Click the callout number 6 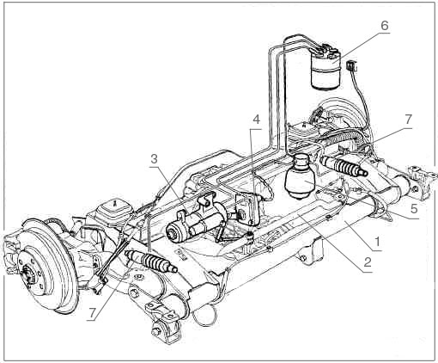coord(385,26)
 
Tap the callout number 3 coord(154,160)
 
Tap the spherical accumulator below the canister coord(300,180)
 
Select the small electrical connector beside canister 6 coord(353,64)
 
